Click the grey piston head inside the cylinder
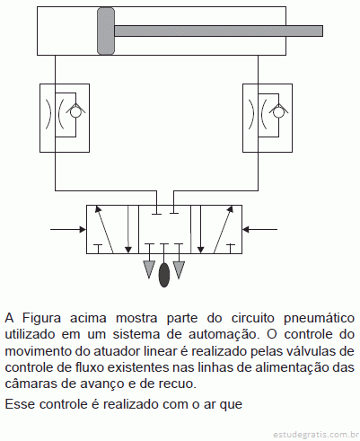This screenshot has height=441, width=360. [106, 31]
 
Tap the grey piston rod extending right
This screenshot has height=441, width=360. [218, 31]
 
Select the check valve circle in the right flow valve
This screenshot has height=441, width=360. [277, 113]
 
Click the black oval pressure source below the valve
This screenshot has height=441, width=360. [163, 275]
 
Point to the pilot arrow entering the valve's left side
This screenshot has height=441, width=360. [68, 230]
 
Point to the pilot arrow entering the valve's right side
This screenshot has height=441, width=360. [259, 230]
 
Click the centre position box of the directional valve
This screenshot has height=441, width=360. [164, 229]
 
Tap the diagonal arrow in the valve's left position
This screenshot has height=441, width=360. [103, 229]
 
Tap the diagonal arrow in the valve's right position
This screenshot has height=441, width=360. [224, 229]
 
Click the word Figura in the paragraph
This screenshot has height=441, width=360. [42, 318]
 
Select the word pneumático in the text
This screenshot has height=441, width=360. [319, 318]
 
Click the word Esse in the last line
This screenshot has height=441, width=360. [20, 404]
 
